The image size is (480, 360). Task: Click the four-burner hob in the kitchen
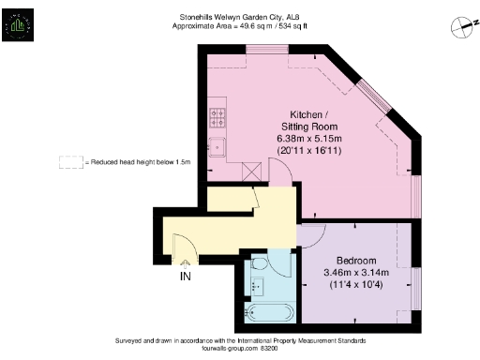217,118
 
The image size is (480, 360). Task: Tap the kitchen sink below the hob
217,145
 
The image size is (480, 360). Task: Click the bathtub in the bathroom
270,312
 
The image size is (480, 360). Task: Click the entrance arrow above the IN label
184,263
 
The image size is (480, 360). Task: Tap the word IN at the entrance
185,277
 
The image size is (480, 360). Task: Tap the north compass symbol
457,27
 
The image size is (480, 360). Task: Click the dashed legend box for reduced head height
70,162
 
